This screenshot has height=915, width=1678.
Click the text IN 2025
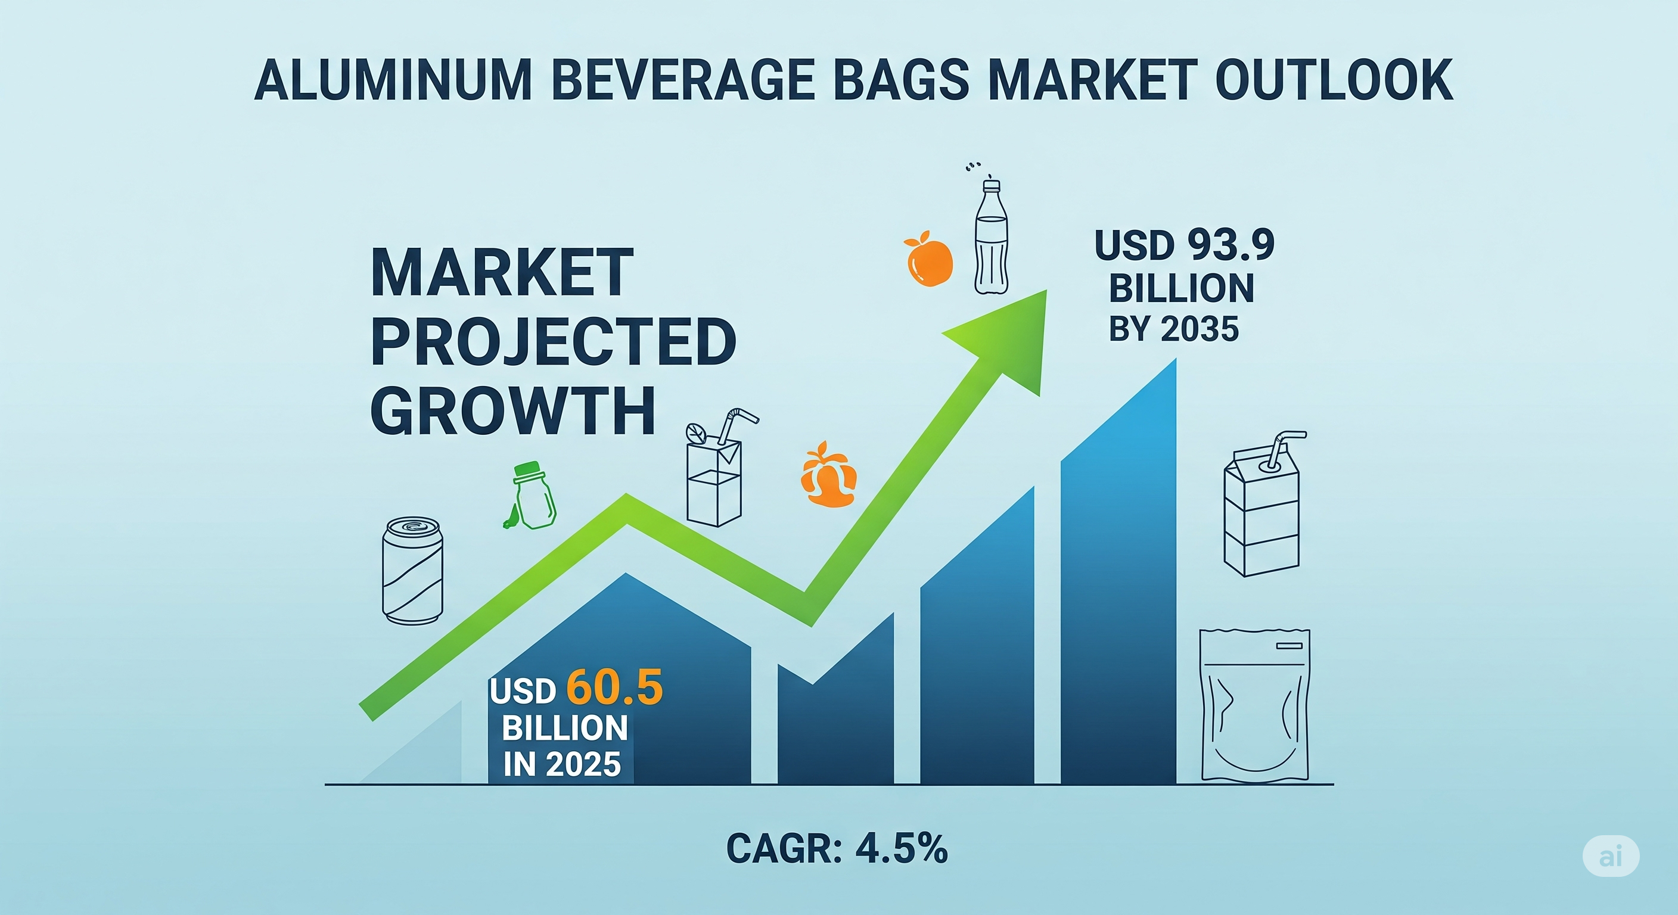pyautogui.click(x=562, y=764)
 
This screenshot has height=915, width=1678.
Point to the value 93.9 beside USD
pyautogui.click(x=1230, y=245)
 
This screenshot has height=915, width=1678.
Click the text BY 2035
pyautogui.click(x=1174, y=329)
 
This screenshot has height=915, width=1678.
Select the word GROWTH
pyautogui.click(x=512, y=410)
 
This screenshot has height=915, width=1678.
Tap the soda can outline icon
pyautogui.click(x=412, y=571)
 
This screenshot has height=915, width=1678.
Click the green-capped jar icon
pyautogui.click(x=531, y=496)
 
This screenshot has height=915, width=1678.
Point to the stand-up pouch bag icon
pyautogui.click(x=1254, y=705)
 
